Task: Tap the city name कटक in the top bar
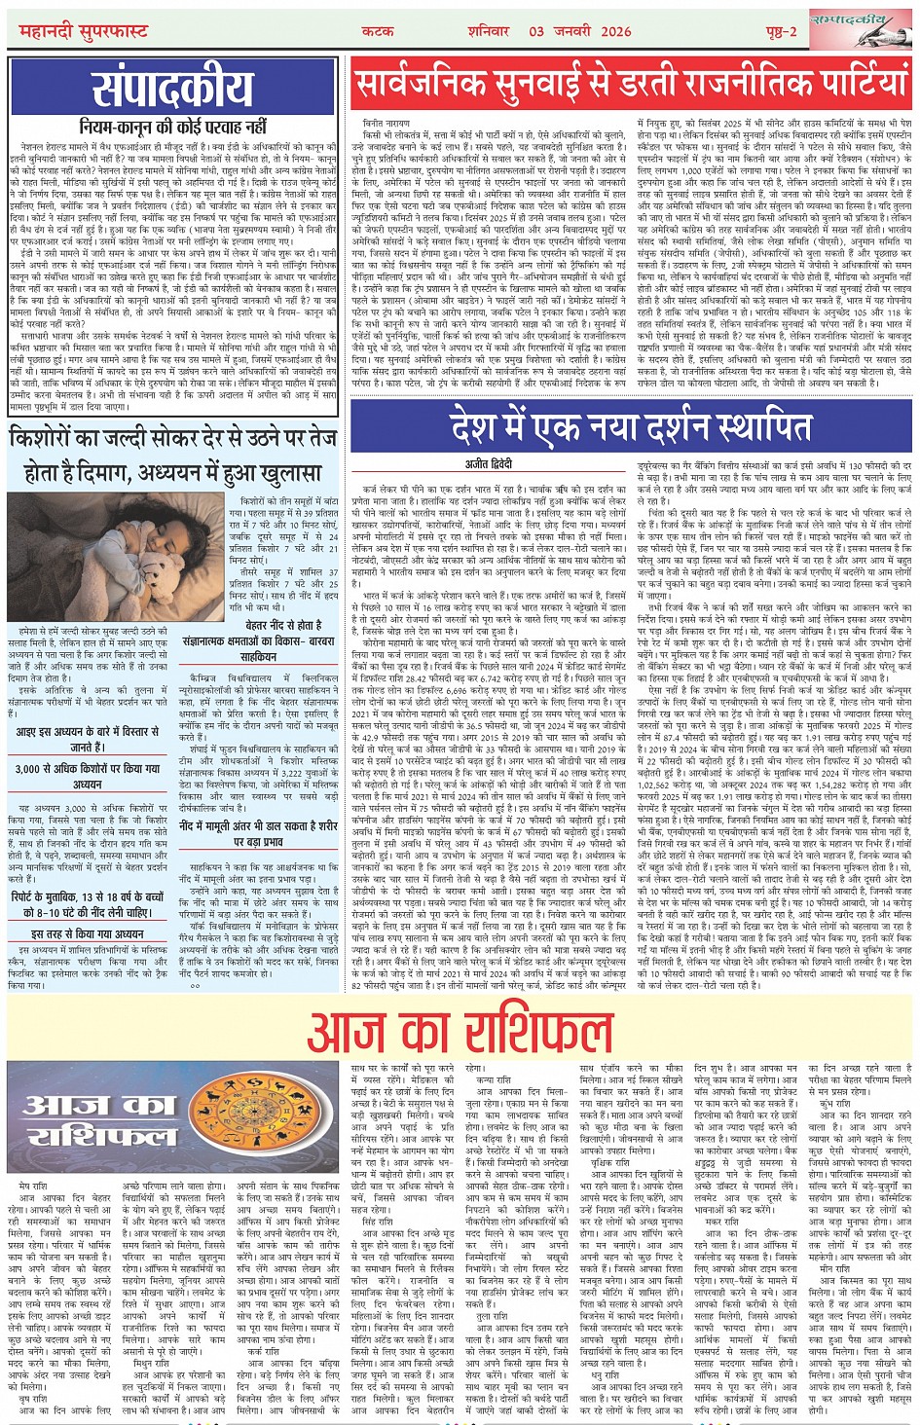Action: [x=377, y=32]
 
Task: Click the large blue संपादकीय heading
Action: [x=173, y=91]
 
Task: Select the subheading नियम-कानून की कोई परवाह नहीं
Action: [x=173, y=127]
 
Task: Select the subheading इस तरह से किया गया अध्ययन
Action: [x=88, y=933]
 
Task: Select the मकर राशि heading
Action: [x=722, y=1220]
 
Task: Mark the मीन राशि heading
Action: [x=835, y=1269]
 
